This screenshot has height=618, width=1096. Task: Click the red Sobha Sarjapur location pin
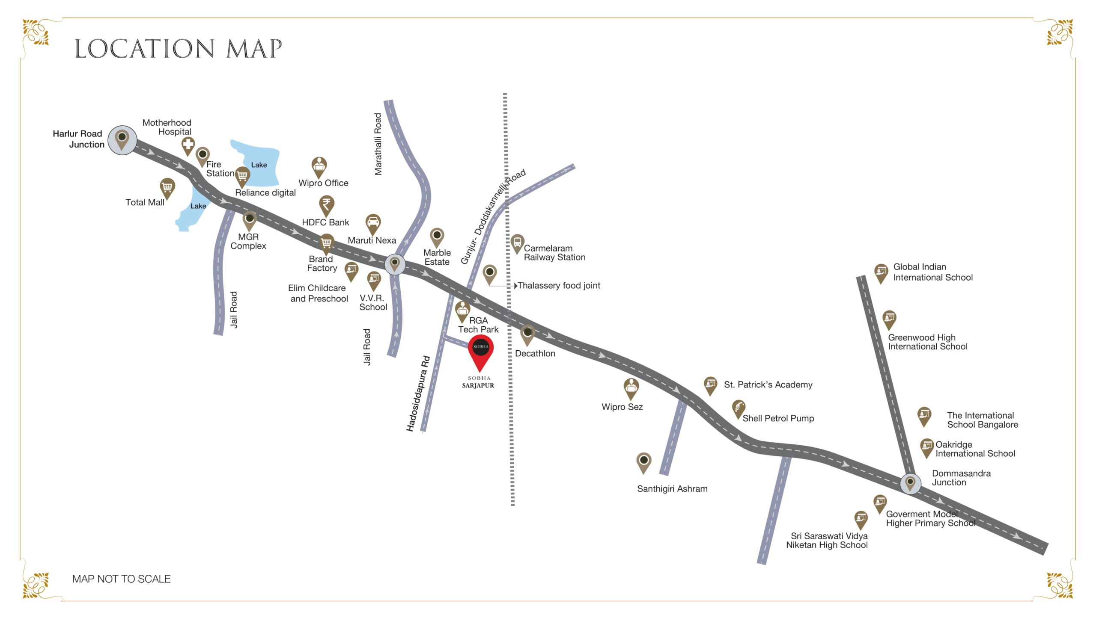[480, 351]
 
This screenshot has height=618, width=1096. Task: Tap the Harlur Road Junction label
[78, 139]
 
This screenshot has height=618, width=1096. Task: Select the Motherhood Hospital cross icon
[188, 145]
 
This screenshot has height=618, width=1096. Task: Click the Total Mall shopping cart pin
[167, 187]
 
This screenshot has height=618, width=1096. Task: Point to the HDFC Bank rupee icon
[326, 204]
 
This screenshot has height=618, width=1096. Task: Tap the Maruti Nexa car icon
[373, 222]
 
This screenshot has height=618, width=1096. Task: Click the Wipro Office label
[323, 183]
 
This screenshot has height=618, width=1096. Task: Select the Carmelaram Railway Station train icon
[517, 242]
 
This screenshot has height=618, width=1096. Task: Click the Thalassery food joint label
[559, 285]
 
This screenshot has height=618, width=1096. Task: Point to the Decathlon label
[535, 353]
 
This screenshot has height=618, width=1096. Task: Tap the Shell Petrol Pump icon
[739, 408]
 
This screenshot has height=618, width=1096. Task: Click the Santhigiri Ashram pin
[643, 461]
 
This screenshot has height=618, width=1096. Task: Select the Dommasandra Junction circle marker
[910, 483]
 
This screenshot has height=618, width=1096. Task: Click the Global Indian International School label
[932, 272]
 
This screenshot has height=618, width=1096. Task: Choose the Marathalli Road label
[378, 144]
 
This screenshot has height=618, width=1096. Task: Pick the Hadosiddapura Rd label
[418, 393]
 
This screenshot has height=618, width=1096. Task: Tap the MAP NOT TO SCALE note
[121, 579]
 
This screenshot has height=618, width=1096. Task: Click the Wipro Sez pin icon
[631, 387]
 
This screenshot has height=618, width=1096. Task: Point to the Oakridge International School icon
[926, 446]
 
